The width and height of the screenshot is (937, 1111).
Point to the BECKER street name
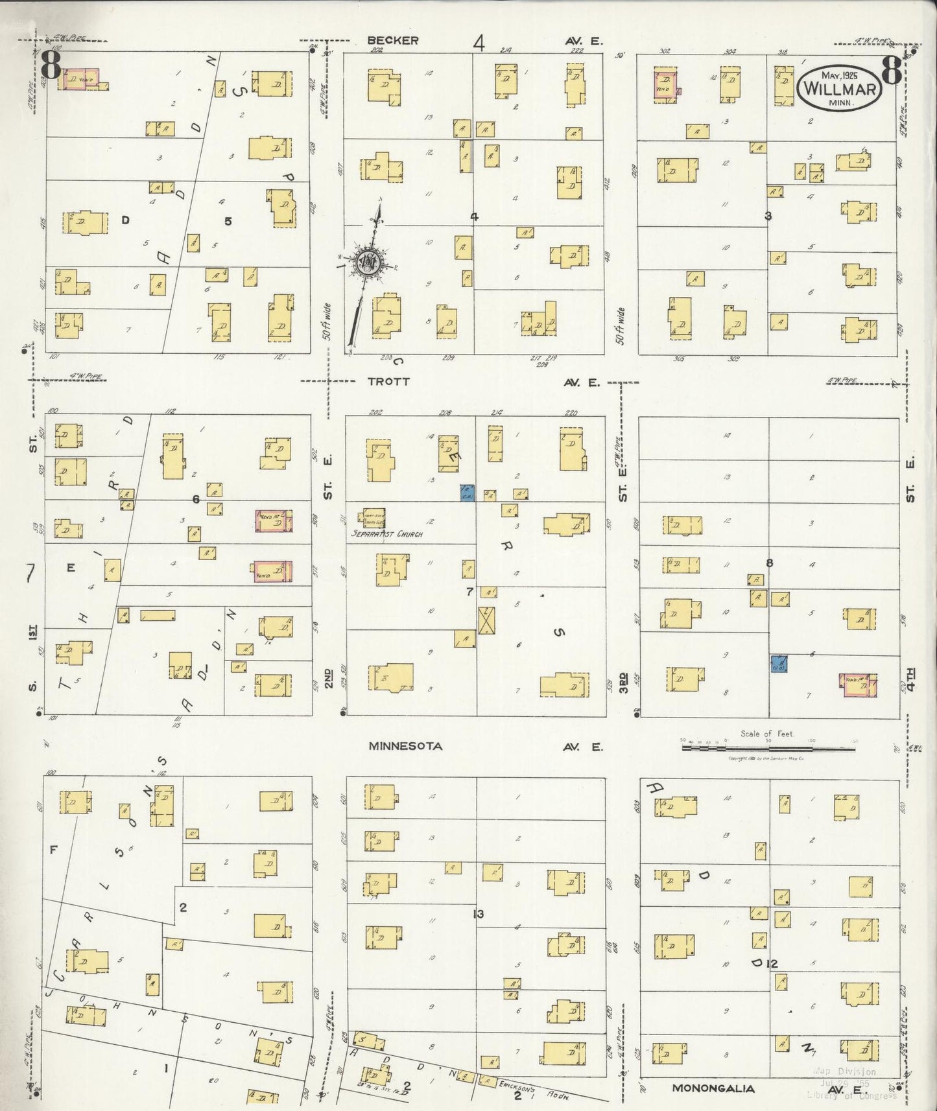tap(392, 40)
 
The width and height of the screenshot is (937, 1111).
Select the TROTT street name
tap(388, 382)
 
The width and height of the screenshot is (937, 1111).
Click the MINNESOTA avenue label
tap(405, 746)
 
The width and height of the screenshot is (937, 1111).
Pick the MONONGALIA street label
tap(713, 1088)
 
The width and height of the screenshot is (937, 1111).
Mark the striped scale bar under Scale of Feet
tap(768, 748)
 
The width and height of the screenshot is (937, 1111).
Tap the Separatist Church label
tap(386, 534)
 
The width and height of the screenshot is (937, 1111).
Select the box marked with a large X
tap(486, 620)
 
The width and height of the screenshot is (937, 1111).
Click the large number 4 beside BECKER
tap(479, 43)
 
